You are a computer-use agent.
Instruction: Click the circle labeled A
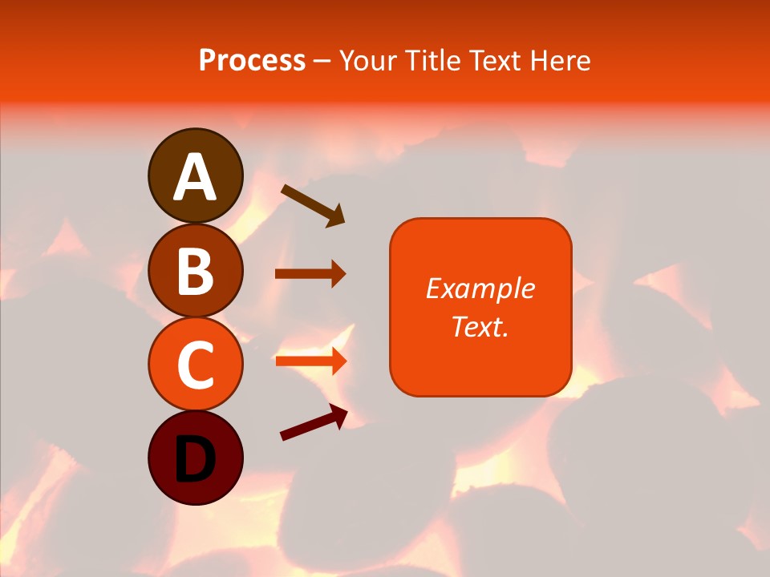click(x=195, y=176)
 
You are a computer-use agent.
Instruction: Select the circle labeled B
click(x=195, y=270)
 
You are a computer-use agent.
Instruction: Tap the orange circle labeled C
click(x=195, y=364)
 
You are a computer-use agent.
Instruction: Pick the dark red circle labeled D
click(x=195, y=458)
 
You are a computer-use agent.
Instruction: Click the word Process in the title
click(x=252, y=60)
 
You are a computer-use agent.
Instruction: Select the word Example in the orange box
click(x=480, y=288)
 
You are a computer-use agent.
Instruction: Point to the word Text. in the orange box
click(x=480, y=326)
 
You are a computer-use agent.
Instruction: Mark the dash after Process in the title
click(x=322, y=61)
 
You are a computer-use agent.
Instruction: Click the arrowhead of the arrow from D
click(x=338, y=414)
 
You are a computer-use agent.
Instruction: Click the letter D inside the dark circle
click(x=195, y=460)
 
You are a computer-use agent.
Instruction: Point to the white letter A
click(x=195, y=177)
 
